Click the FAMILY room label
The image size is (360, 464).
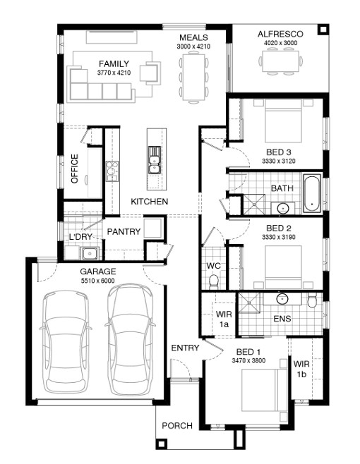pyautogui.click(x=114, y=63)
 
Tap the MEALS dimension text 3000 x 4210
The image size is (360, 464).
pyautogui.click(x=193, y=47)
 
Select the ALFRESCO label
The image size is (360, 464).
pyautogui.click(x=280, y=34)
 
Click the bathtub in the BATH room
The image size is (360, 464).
pyautogui.click(x=312, y=193)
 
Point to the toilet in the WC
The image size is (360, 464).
pyautogui.click(x=213, y=281)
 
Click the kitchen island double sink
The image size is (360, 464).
pyautogui.click(x=155, y=160)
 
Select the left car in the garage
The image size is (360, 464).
pyautogui.click(x=66, y=341)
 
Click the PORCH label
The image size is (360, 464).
pyautogui.click(x=177, y=425)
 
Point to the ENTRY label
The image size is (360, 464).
pyautogui.click(x=185, y=348)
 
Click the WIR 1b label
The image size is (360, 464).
pyautogui.click(x=301, y=369)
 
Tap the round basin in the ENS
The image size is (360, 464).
pyautogui.click(x=282, y=298)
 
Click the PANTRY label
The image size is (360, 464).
pyautogui.click(x=124, y=231)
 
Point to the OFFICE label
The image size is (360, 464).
pyautogui.click(x=74, y=169)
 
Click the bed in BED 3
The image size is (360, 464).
pyautogui.click(x=283, y=121)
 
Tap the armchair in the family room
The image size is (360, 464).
pyautogui.click(x=150, y=73)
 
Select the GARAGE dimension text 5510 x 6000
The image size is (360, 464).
pyautogui.click(x=98, y=281)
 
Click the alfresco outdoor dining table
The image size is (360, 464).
pyautogui.click(x=281, y=61)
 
